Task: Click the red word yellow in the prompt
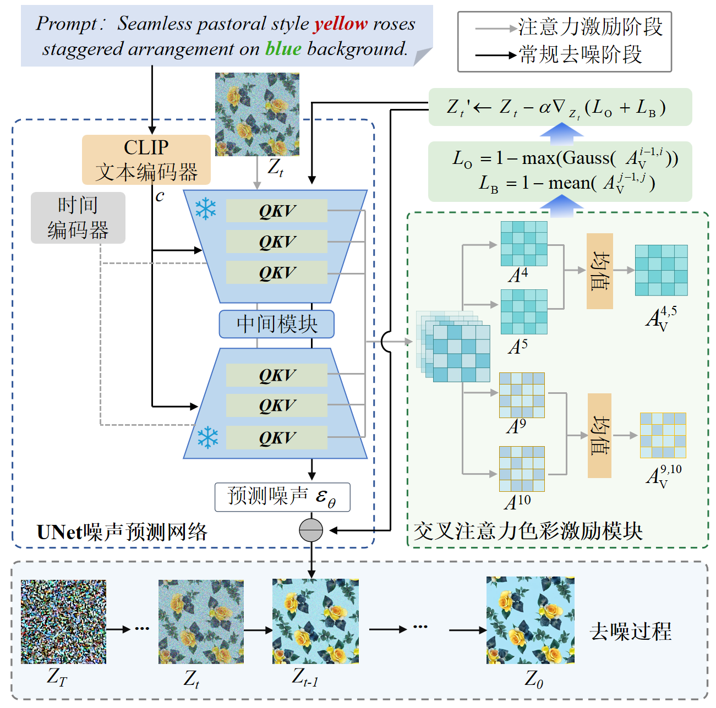click(340, 24)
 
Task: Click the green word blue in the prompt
click(283, 48)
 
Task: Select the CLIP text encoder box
click(146, 160)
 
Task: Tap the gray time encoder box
click(78, 218)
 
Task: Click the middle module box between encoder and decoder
click(276, 324)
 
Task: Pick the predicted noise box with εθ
click(282, 497)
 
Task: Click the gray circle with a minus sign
click(311, 530)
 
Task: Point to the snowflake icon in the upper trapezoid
click(205, 208)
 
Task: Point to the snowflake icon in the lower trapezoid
click(207, 437)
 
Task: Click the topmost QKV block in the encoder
click(277, 211)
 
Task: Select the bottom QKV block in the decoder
click(277, 437)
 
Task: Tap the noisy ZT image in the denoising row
click(63, 622)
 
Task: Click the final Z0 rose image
click(530, 621)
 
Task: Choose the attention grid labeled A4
click(524, 244)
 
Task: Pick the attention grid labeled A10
click(522, 469)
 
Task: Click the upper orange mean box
click(600, 271)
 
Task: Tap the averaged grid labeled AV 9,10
click(663, 435)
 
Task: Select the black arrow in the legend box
click(496, 56)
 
